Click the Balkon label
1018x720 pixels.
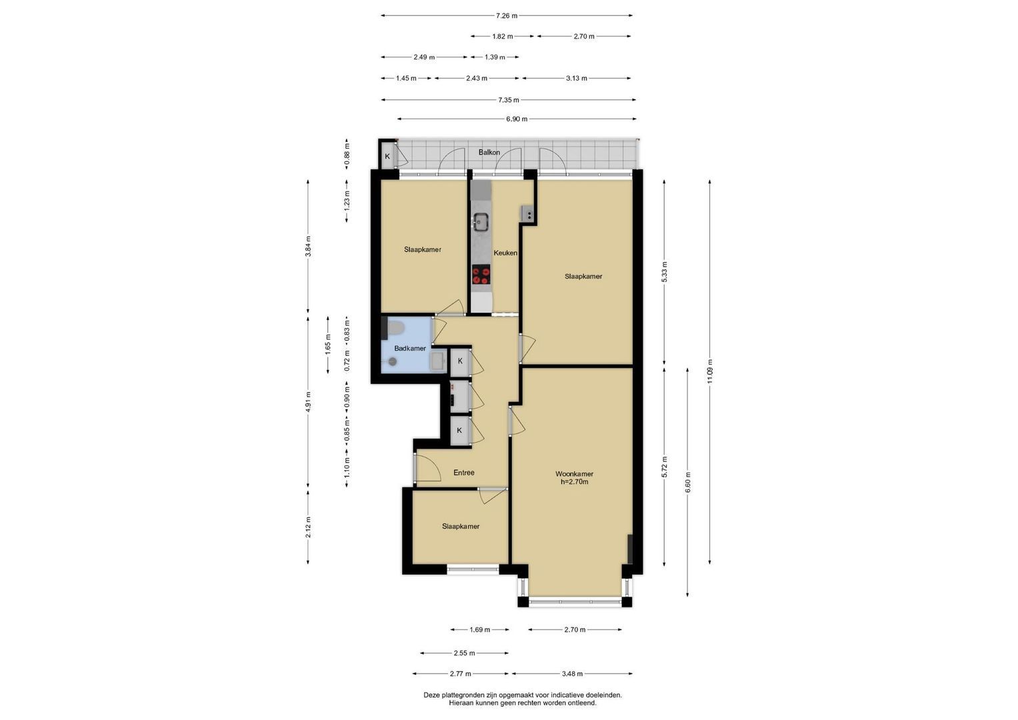[489, 152]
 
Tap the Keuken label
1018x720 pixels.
[505, 253]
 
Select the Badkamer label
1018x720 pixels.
[410, 348]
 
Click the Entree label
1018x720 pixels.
[463, 473]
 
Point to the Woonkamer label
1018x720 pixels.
[574, 473]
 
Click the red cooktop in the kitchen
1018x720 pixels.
[481, 275]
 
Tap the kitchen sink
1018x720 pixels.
[481, 222]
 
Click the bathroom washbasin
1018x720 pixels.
[438, 362]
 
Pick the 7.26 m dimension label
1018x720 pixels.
[506, 15]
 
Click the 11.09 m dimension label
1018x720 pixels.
[709, 371]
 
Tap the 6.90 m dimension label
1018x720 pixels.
[517, 119]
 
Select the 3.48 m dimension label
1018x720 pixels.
[572, 673]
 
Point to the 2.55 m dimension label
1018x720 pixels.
[464, 653]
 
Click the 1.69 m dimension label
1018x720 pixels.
[479, 629]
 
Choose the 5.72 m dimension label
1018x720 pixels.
[664, 467]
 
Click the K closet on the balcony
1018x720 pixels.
[387, 157]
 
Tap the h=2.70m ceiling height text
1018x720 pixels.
[575, 482]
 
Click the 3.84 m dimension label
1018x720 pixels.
[308, 247]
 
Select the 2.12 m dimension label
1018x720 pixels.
[308, 527]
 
